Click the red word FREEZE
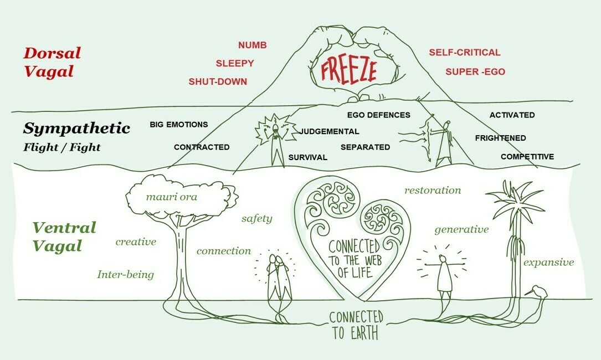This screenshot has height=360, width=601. [349, 71]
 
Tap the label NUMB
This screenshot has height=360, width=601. [253, 45]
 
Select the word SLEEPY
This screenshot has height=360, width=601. [235, 63]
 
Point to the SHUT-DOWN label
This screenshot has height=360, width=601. [218, 81]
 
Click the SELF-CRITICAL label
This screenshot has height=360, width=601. [465, 53]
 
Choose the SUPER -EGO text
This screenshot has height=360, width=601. [475, 71]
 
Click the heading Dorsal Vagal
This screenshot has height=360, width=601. [52, 62]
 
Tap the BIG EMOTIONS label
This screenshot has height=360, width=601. [178, 125]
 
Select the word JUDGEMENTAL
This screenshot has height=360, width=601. [329, 131]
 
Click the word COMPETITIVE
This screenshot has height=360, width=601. [527, 157]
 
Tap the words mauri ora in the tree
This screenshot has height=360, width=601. [172, 197]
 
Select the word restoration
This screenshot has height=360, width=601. [433, 190]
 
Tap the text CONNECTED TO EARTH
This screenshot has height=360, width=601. [356, 325]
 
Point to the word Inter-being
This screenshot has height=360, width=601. [125, 275]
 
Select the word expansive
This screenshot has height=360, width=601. [549, 263]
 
